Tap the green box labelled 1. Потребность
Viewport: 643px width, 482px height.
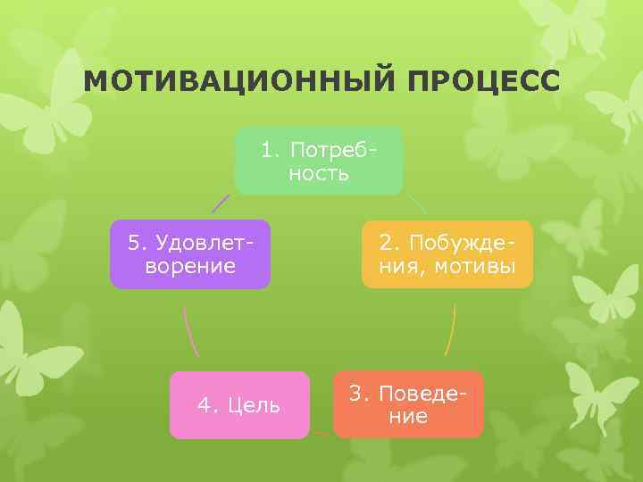(319, 161)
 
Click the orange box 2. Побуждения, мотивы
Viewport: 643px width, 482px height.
(447, 254)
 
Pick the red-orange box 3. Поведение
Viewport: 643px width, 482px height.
(408, 404)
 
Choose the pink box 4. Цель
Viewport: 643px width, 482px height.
(239, 405)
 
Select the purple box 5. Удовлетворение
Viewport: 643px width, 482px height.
(189, 254)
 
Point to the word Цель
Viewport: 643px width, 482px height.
(254, 406)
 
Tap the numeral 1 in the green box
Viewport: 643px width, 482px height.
(266, 149)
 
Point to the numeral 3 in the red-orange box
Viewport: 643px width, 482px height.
(355, 394)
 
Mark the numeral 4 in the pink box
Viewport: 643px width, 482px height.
(204, 406)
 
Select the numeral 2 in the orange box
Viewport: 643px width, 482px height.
(384, 243)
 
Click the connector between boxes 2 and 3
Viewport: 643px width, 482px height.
(450, 330)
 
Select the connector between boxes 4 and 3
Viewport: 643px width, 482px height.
(321, 434)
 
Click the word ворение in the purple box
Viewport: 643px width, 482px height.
(189, 266)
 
